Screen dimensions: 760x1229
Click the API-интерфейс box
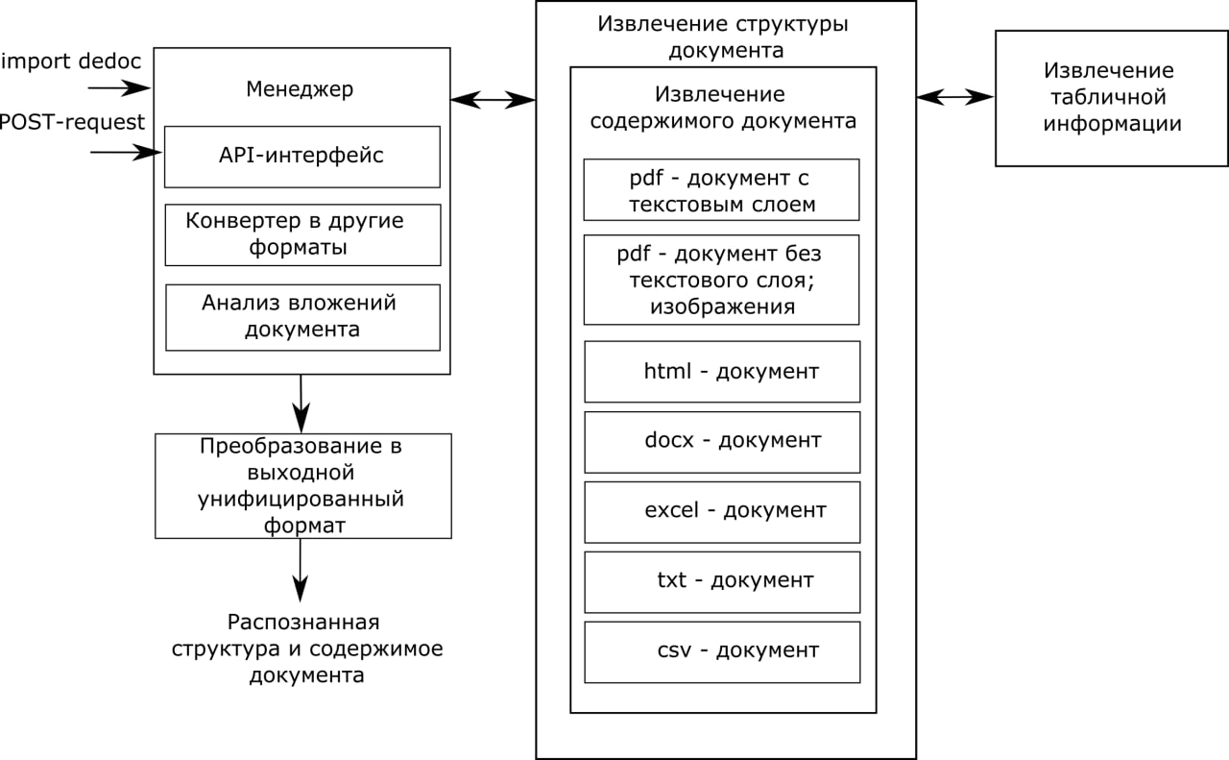pyautogui.click(x=301, y=156)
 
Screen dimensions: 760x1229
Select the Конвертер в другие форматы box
pyautogui.click(x=301, y=234)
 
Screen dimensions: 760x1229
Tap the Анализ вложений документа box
pyautogui.click(x=301, y=316)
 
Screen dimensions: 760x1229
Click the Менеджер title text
pyautogui.click(x=300, y=89)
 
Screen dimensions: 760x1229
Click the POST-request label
pyautogui.click(x=71, y=122)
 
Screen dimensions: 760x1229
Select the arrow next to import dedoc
pyautogui.click(x=120, y=88)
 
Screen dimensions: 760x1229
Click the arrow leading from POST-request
pyautogui.click(x=125, y=152)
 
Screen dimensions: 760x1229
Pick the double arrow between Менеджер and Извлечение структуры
pyautogui.click(x=493, y=98)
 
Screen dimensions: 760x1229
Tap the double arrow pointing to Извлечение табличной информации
pyautogui.click(x=955, y=96)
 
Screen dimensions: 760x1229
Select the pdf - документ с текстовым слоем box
pyautogui.click(x=721, y=190)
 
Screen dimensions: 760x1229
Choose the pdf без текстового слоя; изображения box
pyautogui.click(x=721, y=280)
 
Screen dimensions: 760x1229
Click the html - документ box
pyautogui.click(x=721, y=371)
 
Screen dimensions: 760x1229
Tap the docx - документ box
pyautogui.click(x=721, y=441)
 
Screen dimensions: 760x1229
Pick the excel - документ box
pyautogui.click(x=721, y=511)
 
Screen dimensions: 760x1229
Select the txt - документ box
pyautogui.click(x=721, y=581)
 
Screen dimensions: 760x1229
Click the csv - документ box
pyautogui.click(x=721, y=651)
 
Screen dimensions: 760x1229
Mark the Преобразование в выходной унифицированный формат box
pyautogui.click(x=302, y=486)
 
